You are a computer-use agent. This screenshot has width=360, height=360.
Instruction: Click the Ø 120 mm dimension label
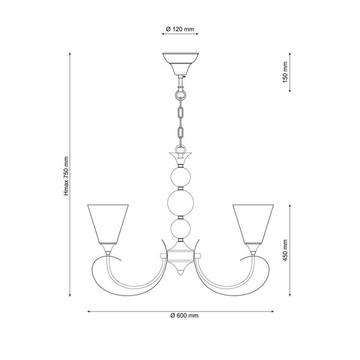click(180, 29)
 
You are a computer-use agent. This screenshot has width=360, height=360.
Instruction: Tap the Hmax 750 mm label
click(66, 176)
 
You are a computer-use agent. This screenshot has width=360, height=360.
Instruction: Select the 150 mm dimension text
click(285, 72)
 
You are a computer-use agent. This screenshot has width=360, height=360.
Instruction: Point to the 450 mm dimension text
click(285, 250)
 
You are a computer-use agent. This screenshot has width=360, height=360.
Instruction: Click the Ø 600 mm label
click(184, 315)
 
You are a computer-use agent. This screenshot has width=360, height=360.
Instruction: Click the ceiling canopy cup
click(181, 64)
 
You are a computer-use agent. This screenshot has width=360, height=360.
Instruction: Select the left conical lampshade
click(108, 224)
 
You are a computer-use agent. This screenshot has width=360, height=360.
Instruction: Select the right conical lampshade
click(253, 224)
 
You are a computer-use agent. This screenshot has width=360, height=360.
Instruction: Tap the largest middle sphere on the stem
click(181, 203)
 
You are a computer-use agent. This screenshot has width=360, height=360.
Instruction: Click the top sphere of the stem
click(181, 177)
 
